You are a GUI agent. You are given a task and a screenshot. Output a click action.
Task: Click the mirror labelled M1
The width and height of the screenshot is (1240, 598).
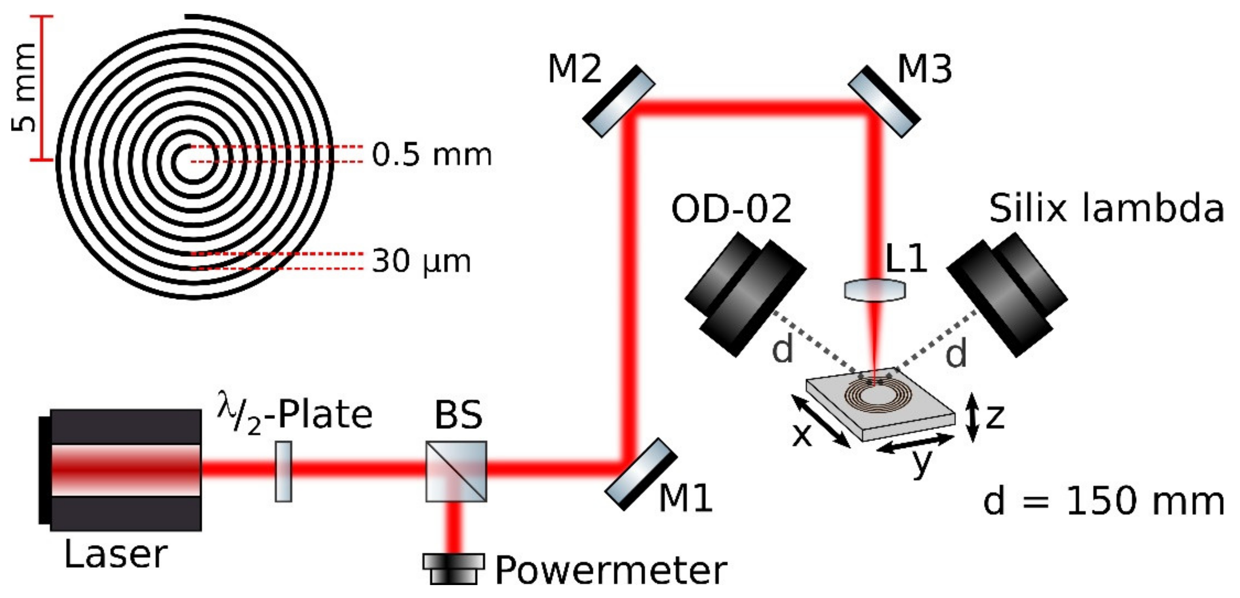(x=641, y=474)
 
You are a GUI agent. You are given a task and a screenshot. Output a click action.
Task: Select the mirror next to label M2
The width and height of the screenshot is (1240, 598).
(x=619, y=101)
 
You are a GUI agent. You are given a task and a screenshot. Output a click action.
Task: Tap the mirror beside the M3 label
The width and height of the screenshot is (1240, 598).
(x=884, y=101)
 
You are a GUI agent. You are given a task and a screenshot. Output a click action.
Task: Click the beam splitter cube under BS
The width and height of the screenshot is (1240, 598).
(x=456, y=471)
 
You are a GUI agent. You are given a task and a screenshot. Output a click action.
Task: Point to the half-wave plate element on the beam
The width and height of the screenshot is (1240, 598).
(x=283, y=471)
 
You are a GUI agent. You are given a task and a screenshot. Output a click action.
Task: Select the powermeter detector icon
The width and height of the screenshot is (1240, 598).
(x=453, y=568)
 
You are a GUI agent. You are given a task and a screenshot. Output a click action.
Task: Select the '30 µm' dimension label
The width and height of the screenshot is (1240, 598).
(x=421, y=261)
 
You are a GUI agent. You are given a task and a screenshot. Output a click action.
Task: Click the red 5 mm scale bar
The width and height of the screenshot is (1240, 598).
(x=41, y=88)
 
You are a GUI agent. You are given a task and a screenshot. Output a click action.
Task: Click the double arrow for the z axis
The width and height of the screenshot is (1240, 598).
(x=973, y=417)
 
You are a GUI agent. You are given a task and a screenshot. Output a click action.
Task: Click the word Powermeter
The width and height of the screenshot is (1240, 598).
(x=611, y=571)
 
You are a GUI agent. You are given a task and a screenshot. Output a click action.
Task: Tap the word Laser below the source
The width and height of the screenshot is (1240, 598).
(x=116, y=554)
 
